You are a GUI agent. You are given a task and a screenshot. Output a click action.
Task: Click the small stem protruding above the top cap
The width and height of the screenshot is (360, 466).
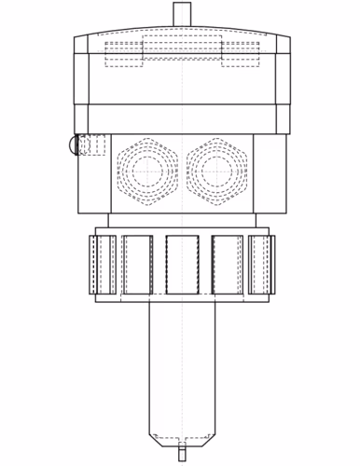tap(181, 17)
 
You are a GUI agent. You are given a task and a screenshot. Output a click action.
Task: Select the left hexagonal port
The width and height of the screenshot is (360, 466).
tap(146, 171)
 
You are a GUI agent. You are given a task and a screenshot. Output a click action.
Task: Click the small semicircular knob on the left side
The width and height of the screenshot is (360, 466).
tap(71, 144)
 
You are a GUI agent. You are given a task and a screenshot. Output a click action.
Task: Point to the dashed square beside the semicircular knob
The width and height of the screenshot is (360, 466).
tap(90, 144)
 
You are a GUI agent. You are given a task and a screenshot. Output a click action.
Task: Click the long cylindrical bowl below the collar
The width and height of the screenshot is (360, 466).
tap(181, 363)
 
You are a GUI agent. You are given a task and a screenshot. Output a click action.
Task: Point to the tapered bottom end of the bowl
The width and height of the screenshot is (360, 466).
tap(181, 439)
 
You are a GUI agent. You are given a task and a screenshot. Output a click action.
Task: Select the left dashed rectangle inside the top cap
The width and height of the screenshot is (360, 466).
tap(123, 54)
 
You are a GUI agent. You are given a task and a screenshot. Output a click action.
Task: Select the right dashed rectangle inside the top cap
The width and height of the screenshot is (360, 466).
tap(240, 54)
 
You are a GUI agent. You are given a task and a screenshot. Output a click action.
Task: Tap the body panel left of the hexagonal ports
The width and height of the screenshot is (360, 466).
tap(94, 182)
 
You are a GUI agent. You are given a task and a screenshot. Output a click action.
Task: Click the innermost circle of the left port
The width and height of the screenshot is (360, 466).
tap(146, 171)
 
